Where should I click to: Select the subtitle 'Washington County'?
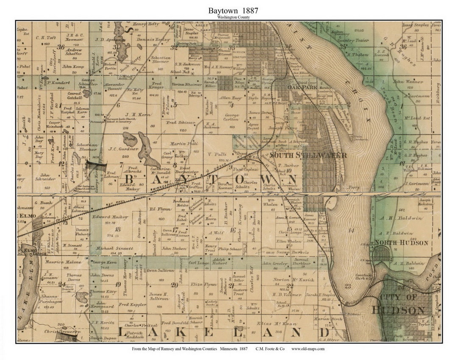229,17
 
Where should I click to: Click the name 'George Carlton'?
232,117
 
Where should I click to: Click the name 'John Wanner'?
408,81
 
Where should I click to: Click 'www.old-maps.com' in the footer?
308,349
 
